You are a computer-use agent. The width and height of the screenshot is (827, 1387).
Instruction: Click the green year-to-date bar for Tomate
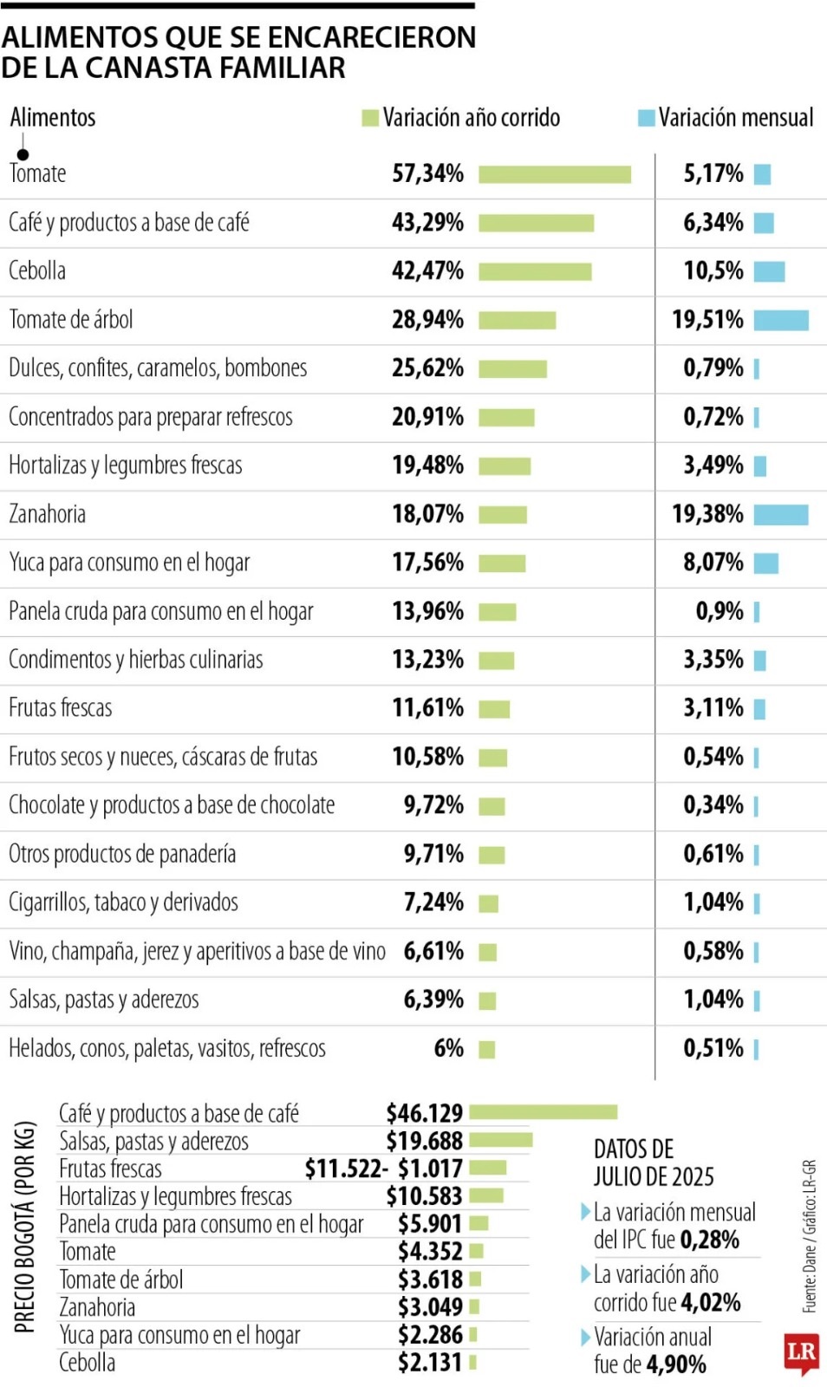point(554,174)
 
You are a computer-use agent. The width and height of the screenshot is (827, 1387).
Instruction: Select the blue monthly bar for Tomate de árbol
point(780,321)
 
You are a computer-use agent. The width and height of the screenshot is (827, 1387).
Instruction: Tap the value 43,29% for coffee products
point(427,223)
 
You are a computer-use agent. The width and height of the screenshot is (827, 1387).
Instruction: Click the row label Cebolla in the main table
point(37,271)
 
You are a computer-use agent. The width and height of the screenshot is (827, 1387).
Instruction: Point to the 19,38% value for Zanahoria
point(707,514)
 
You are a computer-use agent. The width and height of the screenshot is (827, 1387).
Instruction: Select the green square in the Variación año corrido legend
point(370,118)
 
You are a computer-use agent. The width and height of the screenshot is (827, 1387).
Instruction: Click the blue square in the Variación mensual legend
point(646,118)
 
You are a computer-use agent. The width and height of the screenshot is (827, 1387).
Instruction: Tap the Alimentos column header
point(53,118)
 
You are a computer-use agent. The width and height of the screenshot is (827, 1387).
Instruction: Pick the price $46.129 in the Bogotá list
point(424,1113)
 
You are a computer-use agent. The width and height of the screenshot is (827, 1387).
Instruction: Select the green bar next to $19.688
point(500,1140)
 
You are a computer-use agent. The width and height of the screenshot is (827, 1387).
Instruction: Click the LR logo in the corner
point(801,1352)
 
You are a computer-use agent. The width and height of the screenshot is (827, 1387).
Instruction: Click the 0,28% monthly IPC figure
point(709,1240)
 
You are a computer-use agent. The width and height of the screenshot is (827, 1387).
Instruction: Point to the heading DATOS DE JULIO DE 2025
point(653,1162)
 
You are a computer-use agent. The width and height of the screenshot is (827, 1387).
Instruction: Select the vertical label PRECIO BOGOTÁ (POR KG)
point(25,1227)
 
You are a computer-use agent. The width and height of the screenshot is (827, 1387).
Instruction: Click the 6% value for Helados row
point(448,1049)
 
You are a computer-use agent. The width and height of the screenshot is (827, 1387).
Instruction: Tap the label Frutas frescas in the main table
point(61,708)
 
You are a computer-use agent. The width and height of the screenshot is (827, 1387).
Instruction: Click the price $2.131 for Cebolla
point(429,1363)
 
